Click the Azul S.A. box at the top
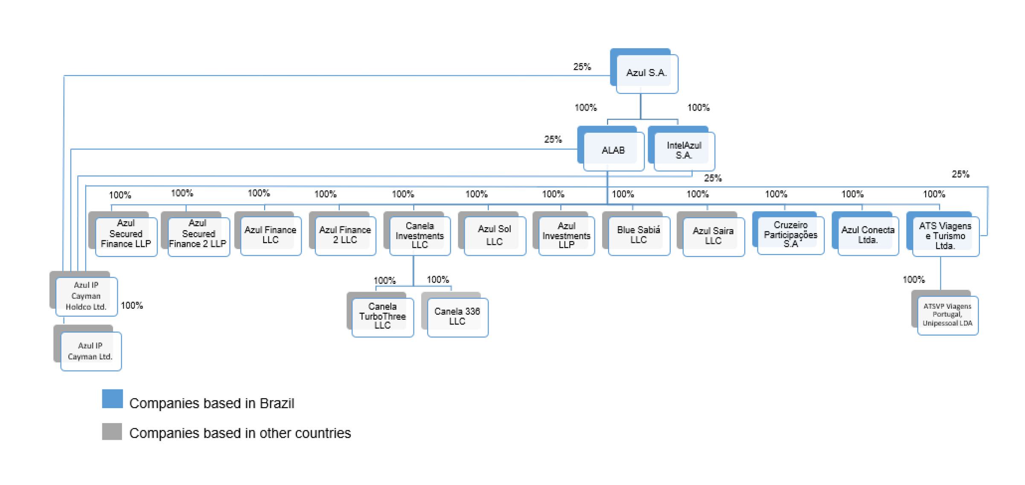[x=646, y=73]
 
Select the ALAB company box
[x=613, y=151]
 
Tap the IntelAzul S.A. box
[x=684, y=151]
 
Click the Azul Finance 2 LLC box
[x=345, y=236]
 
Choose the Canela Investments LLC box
[x=419, y=236]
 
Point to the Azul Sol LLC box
[x=494, y=236]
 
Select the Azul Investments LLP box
[x=566, y=236]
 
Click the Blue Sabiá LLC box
[x=638, y=236]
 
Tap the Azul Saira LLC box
[x=713, y=236]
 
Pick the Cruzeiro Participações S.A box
[x=790, y=235]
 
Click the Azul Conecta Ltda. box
[x=868, y=236]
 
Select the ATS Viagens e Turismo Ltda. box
[x=945, y=236]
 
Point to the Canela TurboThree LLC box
[x=382, y=317]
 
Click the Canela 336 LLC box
[x=457, y=317]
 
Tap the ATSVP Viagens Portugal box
[x=947, y=315]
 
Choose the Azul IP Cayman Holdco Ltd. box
[x=86, y=296]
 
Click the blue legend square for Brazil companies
[x=112, y=399]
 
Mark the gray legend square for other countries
[x=112, y=432]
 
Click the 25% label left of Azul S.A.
[x=582, y=67]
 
